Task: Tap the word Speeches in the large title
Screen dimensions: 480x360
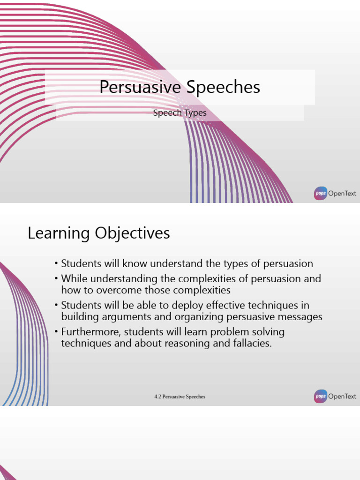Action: point(224,87)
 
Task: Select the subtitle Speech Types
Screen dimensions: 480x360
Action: point(180,113)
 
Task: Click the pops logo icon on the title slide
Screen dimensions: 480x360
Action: point(321,194)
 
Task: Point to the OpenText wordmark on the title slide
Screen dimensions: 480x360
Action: point(342,194)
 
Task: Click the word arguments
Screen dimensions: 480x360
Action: point(118,316)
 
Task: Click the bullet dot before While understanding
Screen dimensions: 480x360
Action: point(56,279)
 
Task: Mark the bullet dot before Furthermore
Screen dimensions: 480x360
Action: point(56,332)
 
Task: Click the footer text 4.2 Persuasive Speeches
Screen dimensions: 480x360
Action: point(180,397)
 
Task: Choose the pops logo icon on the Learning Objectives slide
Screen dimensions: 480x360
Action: point(321,397)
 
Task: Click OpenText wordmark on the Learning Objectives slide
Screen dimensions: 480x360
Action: point(342,397)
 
